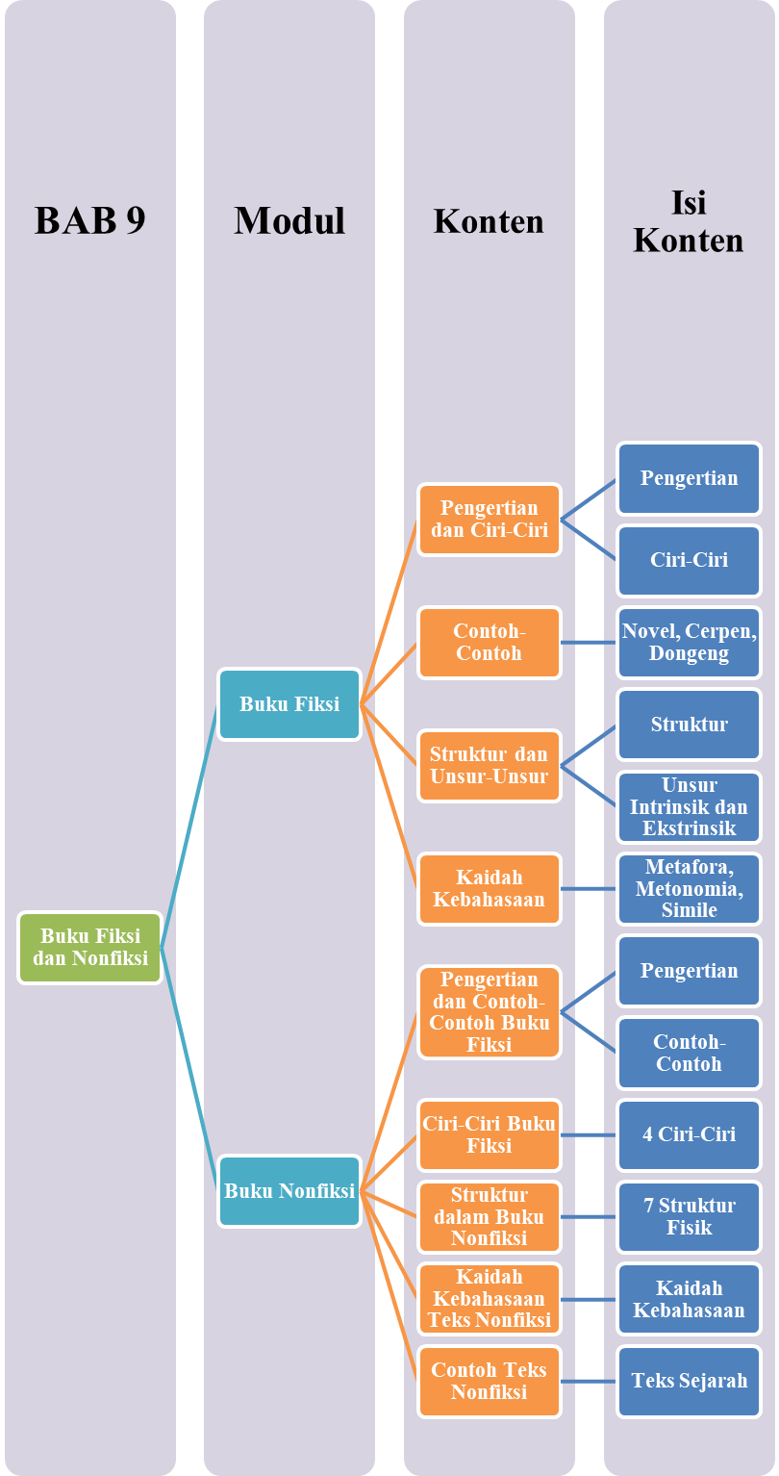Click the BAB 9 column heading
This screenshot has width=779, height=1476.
(x=90, y=220)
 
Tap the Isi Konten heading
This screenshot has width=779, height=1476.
(x=689, y=221)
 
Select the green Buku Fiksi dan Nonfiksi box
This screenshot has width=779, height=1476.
(x=90, y=947)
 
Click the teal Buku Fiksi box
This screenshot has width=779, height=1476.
(x=289, y=704)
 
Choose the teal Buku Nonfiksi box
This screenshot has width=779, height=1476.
(x=289, y=1191)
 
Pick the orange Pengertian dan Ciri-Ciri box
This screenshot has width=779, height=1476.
(x=490, y=519)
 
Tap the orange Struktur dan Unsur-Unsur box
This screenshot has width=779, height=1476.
(x=490, y=765)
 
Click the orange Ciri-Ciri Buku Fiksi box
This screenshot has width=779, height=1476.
(x=490, y=1134)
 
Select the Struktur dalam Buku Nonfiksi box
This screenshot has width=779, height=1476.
(x=490, y=1216)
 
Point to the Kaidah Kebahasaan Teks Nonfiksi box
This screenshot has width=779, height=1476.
(x=490, y=1298)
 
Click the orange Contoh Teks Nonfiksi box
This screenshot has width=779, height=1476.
(x=490, y=1381)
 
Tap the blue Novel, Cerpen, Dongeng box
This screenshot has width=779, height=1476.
(x=689, y=642)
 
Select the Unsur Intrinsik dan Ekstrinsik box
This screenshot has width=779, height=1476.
(x=689, y=806)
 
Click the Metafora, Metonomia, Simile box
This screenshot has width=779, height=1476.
(x=689, y=888)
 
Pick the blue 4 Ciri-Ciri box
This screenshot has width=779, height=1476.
(x=689, y=1134)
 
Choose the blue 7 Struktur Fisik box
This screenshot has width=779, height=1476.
(x=689, y=1216)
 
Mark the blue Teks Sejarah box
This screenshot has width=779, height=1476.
(x=689, y=1381)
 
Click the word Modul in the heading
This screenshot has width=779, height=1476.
(x=289, y=220)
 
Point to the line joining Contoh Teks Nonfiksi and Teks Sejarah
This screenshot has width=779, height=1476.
(x=589, y=1382)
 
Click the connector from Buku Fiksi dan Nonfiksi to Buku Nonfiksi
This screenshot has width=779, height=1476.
(x=189, y=1068)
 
